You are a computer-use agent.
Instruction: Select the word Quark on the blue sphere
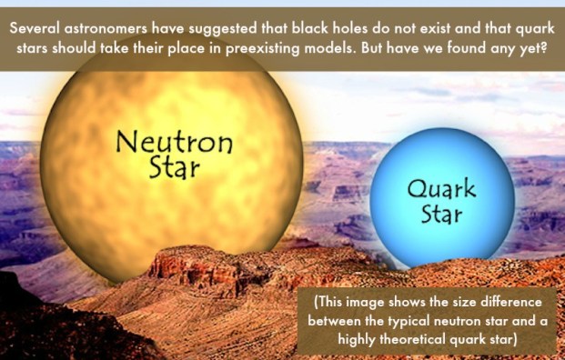(440, 192)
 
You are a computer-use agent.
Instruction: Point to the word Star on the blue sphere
(442, 216)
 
